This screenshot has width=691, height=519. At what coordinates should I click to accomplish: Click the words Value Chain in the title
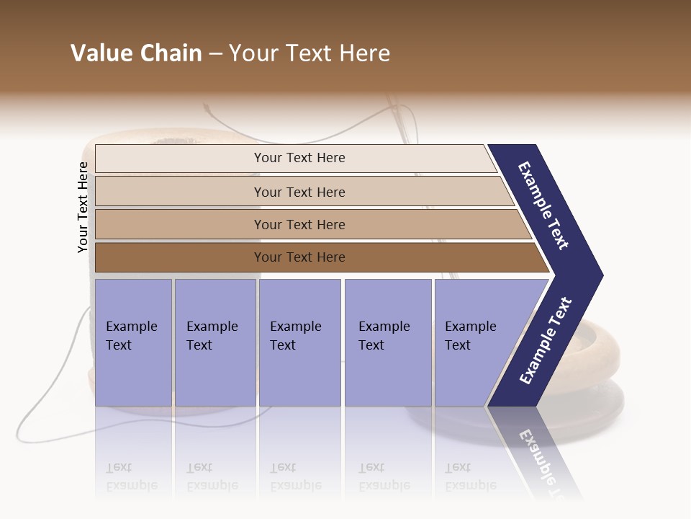pos(136,53)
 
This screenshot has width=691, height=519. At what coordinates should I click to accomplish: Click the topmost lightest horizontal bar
pos(180,158)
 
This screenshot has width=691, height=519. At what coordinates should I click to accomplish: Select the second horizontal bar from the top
pos(180,192)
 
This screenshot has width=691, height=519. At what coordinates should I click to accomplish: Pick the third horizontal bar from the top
pos(180,224)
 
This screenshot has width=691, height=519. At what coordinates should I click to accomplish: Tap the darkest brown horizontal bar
pos(180,257)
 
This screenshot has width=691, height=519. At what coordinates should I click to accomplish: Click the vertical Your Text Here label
pos(83,207)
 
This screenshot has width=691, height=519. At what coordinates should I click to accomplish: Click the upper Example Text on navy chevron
pos(543,205)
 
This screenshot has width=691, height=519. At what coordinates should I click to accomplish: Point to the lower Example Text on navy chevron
pos(546,340)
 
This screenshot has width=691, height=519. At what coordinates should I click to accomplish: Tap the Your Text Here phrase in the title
pos(310,53)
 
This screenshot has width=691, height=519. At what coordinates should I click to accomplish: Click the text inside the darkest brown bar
pos(299,257)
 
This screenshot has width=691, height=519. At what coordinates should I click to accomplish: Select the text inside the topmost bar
pos(299,158)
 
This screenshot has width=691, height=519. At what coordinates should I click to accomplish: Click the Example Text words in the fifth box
pos(470,335)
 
